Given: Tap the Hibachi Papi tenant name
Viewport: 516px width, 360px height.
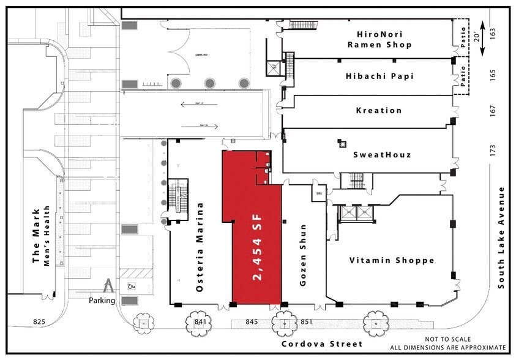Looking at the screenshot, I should point(380,76).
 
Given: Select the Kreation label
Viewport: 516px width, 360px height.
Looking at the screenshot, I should point(379,111).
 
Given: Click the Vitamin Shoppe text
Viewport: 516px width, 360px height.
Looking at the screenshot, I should point(392,260).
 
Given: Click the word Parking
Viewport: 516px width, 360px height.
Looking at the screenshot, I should point(102,301).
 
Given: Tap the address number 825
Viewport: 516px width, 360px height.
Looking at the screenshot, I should point(39,321).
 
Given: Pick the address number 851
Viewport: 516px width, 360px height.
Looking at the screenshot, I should point(307,321).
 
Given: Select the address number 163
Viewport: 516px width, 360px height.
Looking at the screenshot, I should point(493,32).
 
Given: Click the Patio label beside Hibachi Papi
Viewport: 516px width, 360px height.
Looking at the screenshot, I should point(463,77).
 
